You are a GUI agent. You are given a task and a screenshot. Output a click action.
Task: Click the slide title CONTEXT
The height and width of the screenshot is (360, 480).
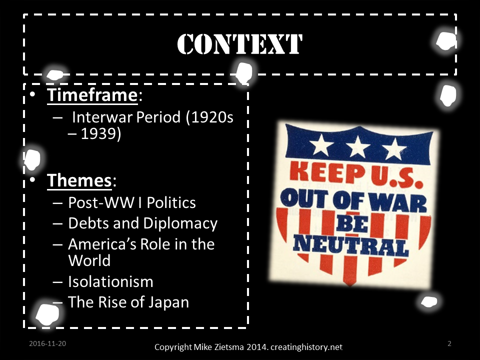click(x=240, y=44)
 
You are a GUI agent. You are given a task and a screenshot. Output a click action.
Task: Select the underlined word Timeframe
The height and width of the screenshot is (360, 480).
click(x=92, y=95)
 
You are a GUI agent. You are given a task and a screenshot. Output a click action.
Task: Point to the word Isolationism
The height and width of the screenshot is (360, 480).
click(x=110, y=281)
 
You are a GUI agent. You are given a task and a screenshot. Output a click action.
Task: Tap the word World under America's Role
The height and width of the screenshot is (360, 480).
click(x=89, y=260)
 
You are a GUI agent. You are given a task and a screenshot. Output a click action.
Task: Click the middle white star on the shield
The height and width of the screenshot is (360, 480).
click(x=358, y=146)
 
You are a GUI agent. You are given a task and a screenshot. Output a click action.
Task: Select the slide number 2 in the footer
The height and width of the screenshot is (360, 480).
click(x=449, y=343)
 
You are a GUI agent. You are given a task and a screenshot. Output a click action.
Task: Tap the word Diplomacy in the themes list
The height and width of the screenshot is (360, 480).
click(x=180, y=223)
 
